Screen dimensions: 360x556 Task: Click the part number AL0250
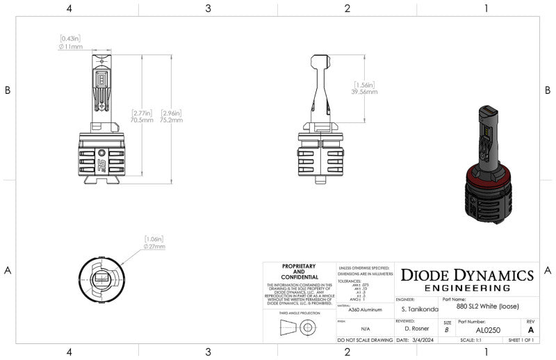[490, 330]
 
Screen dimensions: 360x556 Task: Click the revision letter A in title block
[531, 330]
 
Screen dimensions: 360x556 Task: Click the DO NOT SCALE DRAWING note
[365, 341]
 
